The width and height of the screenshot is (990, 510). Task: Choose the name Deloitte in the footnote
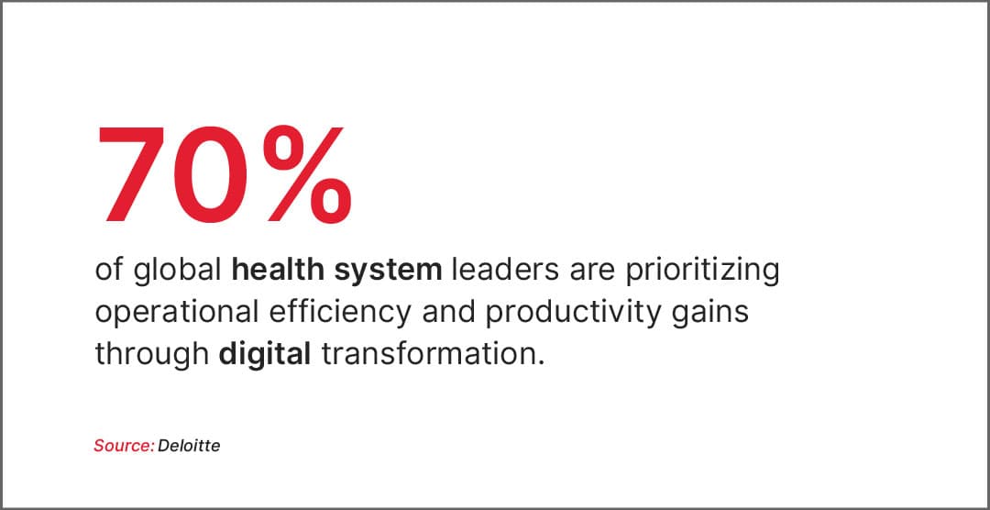pyautogui.click(x=189, y=446)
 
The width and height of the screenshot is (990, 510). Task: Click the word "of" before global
pyautogui.click(x=107, y=271)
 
